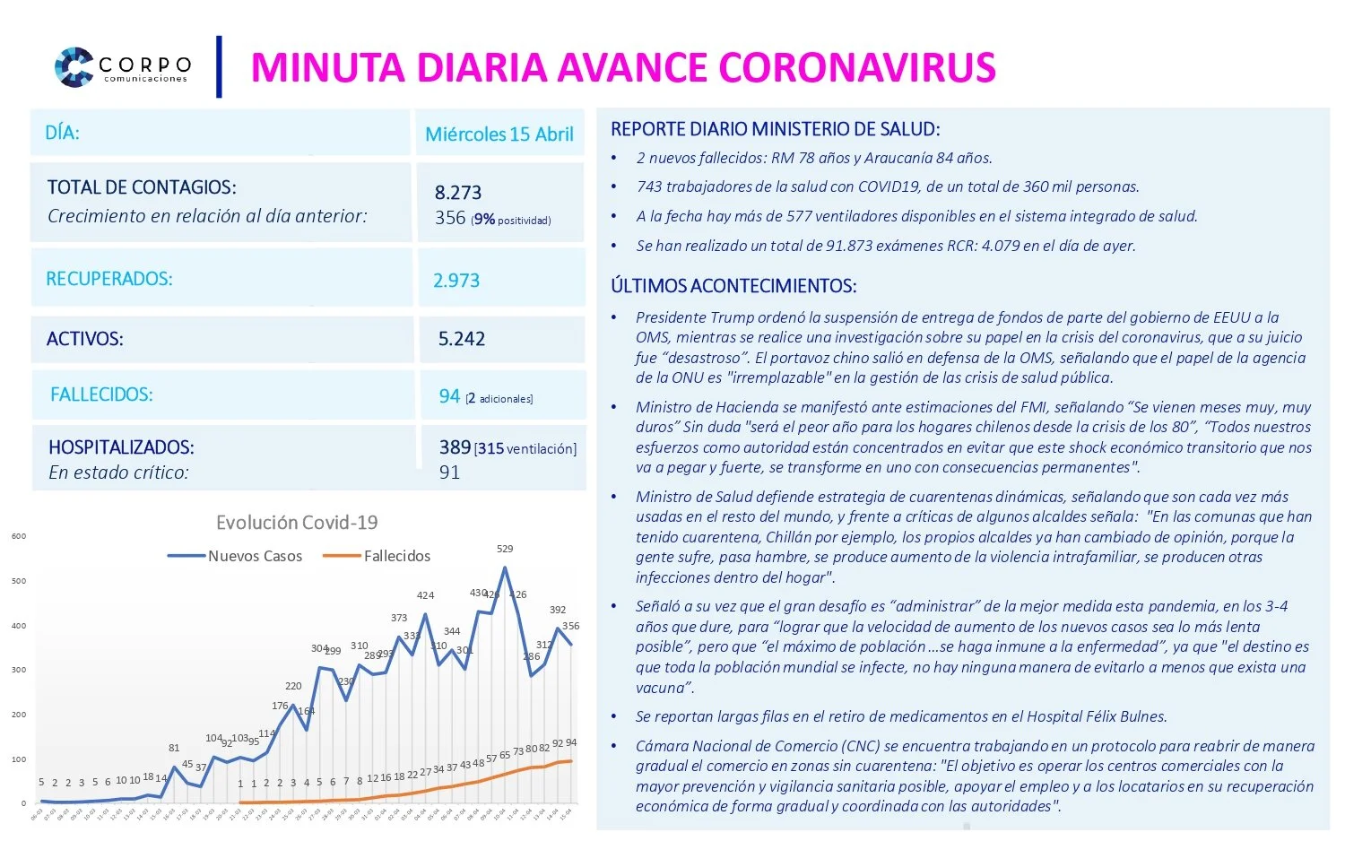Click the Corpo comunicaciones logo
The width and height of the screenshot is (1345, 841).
click(x=123, y=67)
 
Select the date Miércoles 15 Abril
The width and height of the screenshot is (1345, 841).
click(x=499, y=134)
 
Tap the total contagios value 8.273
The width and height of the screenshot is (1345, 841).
click(x=458, y=193)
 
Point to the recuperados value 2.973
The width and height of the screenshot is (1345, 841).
click(x=456, y=281)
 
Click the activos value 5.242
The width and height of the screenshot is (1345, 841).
click(x=462, y=339)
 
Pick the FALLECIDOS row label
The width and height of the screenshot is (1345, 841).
click(x=101, y=394)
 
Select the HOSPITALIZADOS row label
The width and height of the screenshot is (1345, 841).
click(x=121, y=447)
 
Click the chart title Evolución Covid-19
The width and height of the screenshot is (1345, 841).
click(x=297, y=523)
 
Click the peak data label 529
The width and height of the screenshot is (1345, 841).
click(x=505, y=549)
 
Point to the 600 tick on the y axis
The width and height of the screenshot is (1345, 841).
click(x=19, y=536)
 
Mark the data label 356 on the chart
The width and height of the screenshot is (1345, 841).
click(x=570, y=626)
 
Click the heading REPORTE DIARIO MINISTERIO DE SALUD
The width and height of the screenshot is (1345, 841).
click(x=775, y=129)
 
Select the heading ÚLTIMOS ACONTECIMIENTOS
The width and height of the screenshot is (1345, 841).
click(x=733, y=286)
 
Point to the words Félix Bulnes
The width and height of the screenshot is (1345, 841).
click(x=1126, y=716)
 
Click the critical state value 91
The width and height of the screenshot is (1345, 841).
click(x=449, y=473)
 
